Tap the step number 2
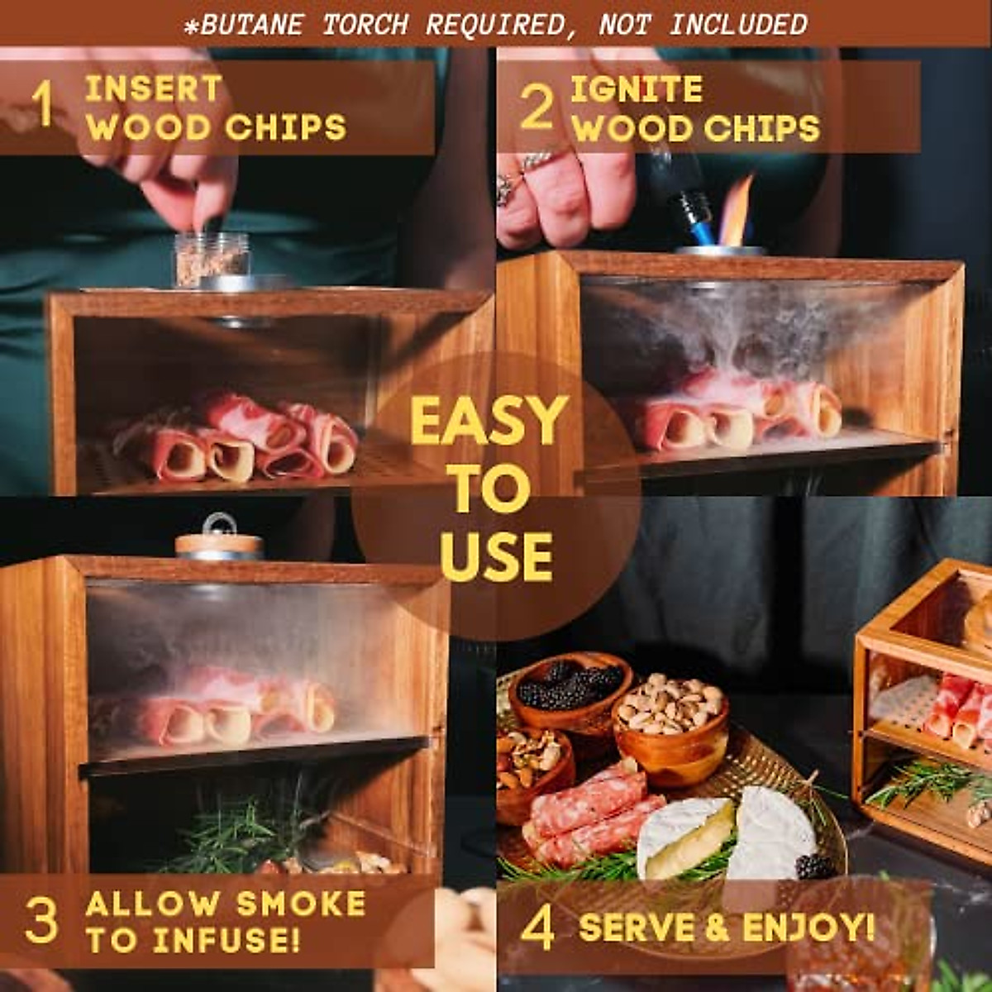click(x=537, y=107)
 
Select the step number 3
click(x=41, y=920)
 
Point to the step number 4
click(x=537, y=928)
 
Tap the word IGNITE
click(x=637, y=89)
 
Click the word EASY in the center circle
click(x=489, y=421)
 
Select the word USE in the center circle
click(x=496, y=556)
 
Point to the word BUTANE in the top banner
click(x=253, y=25)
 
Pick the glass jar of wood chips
click(x=211, y=259)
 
